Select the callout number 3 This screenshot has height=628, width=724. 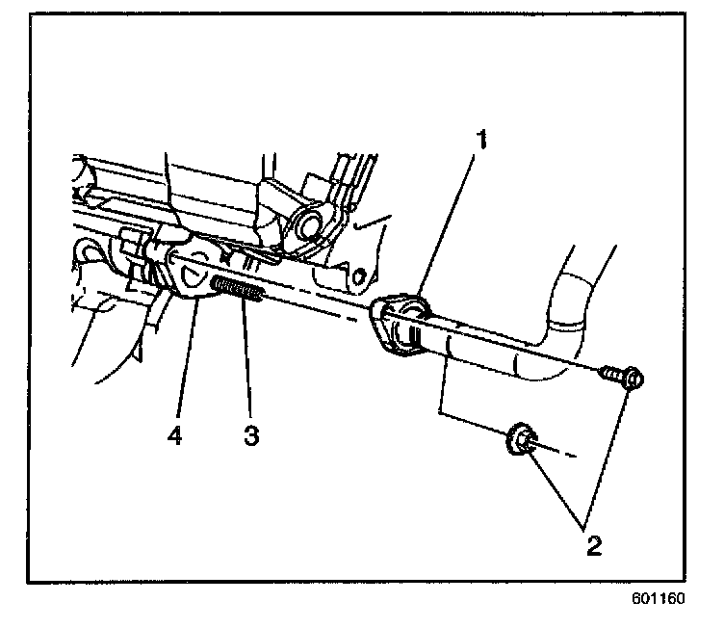pyautogui.click(x=250, y=435)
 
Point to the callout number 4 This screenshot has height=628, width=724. pyautogui.click(x=175, y=435)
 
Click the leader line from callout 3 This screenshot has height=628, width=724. pyautogui.click(x=246, y=366)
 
